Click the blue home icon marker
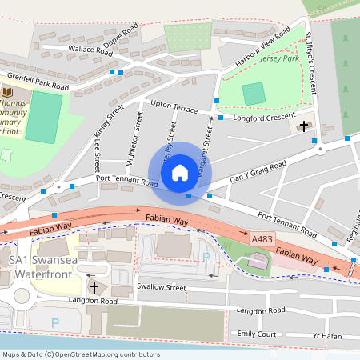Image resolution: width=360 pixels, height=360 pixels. (180, 172)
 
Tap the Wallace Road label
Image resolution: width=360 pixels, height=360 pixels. (90, 50)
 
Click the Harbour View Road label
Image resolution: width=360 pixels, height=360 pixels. (262, 51)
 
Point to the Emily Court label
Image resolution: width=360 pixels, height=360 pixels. (256, 334)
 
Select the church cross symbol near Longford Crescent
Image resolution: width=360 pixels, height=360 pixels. (303, 126)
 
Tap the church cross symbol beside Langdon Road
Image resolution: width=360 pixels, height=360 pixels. (94, 286)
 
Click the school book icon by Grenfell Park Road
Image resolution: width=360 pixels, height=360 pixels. (7, 93)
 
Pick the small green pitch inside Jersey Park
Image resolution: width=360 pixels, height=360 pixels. (254, 94)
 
